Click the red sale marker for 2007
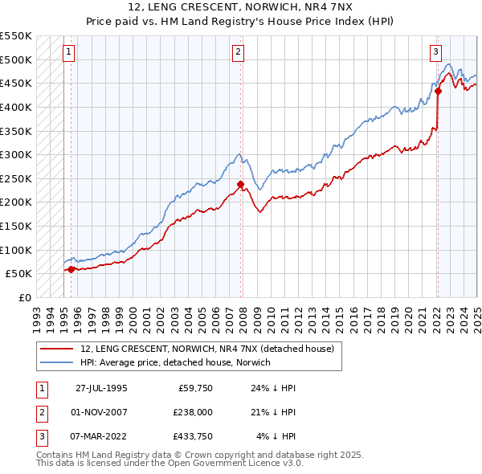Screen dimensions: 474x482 click(x=240, y=184)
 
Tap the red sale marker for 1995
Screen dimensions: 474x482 click(x=71, y=269)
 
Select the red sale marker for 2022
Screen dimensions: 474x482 click(x=439, y=91)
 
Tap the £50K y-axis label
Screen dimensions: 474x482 click(x=18, y=273)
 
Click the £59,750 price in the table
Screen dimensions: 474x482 click(x=194, y=387)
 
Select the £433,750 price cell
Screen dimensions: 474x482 click(x=193, y=437)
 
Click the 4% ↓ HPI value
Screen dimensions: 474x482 click(x=276, y=437)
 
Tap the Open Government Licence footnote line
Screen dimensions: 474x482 click(x=170, y=464)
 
